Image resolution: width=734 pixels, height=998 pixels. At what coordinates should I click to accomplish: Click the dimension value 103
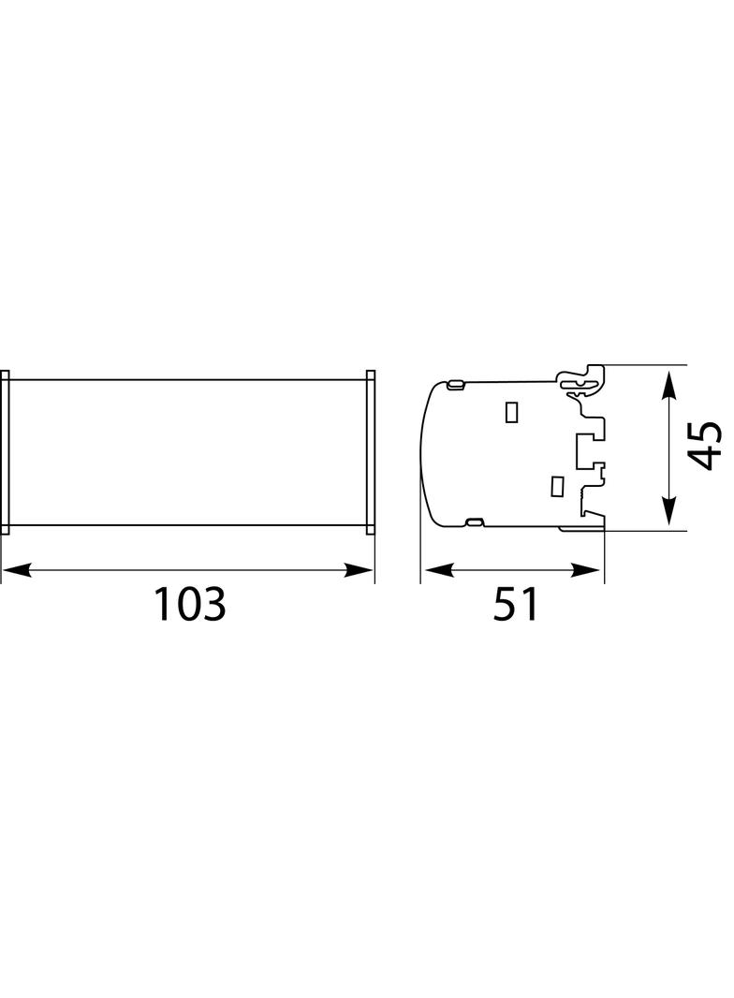[x=190, y=605]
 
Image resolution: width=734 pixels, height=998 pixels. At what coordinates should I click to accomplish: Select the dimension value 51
[x=516, y=605]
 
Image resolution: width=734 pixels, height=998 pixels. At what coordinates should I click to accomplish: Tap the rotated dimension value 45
[x=705, y=445]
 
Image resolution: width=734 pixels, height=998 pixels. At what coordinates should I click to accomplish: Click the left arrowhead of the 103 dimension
[x=15, y=569]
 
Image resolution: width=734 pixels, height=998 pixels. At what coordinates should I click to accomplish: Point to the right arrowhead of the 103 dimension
[x=360, y=569]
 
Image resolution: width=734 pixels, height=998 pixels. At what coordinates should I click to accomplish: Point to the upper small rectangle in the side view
[x=512, y=412]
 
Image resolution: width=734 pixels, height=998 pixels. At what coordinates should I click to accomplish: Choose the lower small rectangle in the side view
[x=556, y=486]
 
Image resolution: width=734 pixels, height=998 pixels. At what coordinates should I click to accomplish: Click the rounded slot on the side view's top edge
[x=457, y=384]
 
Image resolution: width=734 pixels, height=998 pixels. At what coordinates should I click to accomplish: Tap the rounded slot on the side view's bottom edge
[x=475, y=521]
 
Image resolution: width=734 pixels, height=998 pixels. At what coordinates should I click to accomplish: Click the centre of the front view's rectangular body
[x=187, y=452]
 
